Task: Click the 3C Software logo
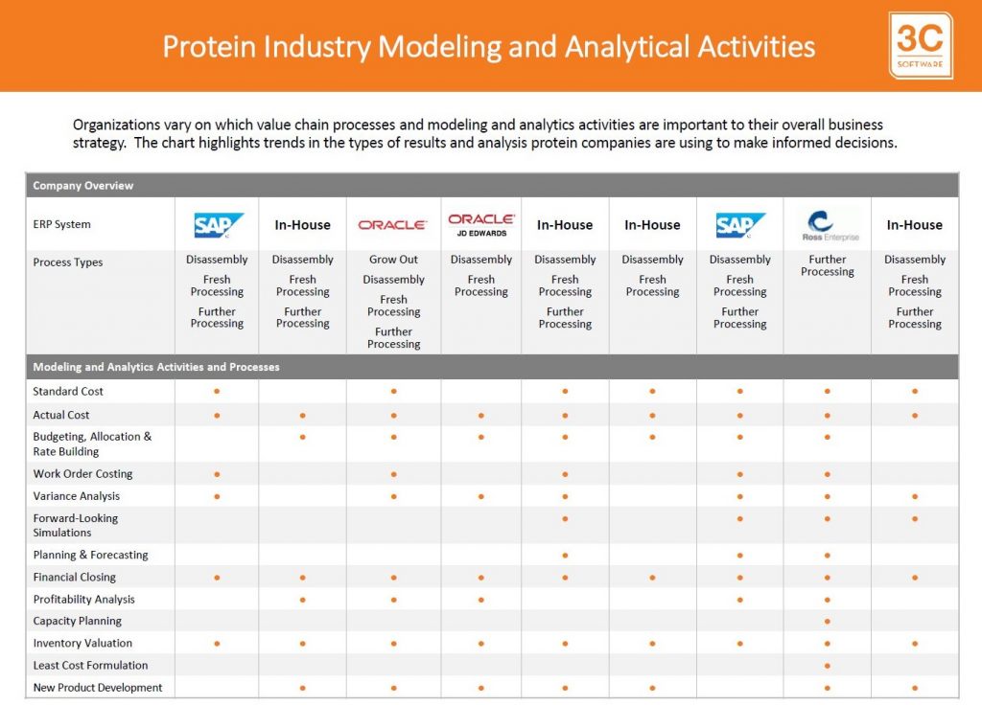(920, 46)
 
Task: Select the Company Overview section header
(83, 186)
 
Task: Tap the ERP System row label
(62, 224)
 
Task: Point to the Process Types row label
(68, 262)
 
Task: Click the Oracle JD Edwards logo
(481, 224)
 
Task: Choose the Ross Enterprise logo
(828, 226)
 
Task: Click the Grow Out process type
(393, 259)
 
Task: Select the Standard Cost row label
(68, 392)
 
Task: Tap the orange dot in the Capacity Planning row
(828, 622)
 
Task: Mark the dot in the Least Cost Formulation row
(828, 667)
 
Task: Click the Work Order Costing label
(82, 473)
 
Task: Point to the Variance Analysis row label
(77, 496)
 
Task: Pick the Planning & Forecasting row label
(91, 555)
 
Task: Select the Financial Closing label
(75, 577)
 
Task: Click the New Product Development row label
(98, 688)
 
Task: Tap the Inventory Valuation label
(82, 643)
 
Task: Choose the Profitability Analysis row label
(84, 600)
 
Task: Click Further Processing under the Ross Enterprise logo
(828, 265)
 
